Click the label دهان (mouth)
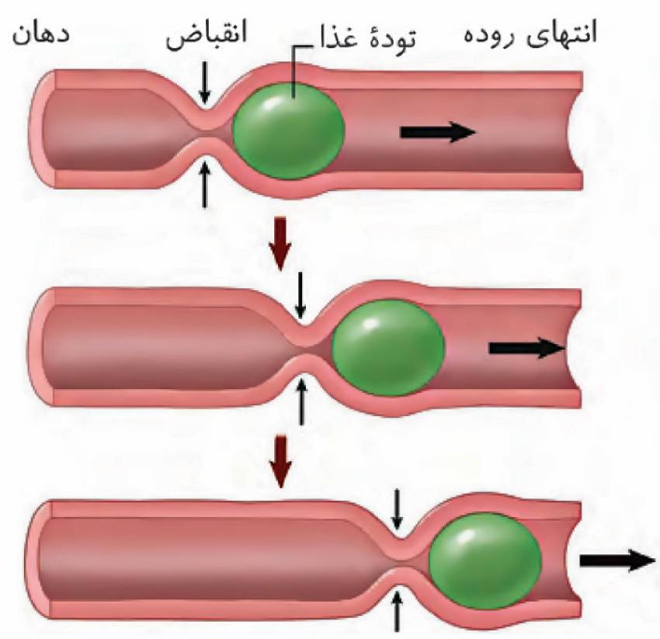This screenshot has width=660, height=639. [41, 34]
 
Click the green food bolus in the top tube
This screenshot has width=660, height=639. [289, 130]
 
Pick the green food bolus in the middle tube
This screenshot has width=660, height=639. [388, 347]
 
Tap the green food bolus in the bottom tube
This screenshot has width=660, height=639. [485, 561]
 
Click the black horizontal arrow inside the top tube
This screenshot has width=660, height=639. [438, 132]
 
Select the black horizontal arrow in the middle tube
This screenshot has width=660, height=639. [526, 348]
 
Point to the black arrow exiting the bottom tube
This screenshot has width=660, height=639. [617, 561]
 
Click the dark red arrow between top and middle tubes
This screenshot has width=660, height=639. [280, 243]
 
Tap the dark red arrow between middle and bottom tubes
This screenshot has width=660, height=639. [280, 461]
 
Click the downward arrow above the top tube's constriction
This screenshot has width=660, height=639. [204, 82]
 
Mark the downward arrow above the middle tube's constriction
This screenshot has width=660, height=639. [300, 295]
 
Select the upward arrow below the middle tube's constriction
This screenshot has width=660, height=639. [300, 401]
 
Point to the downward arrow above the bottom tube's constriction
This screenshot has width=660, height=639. [397, 509]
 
